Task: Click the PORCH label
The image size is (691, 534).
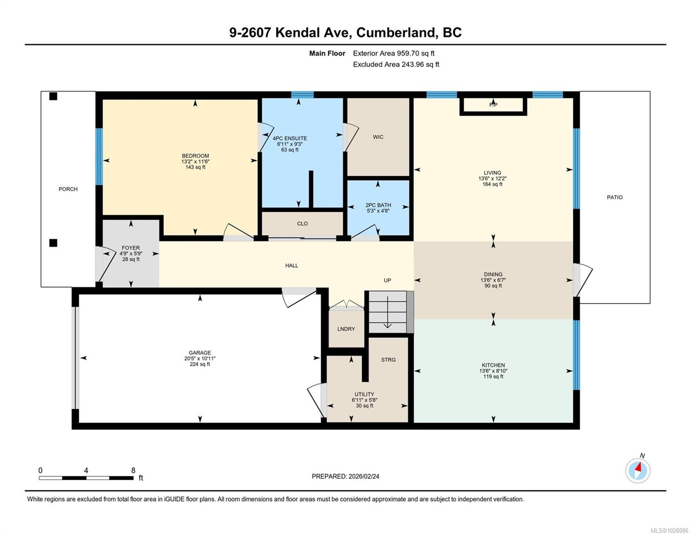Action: coord(68,189)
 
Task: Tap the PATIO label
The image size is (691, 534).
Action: coord(614,197)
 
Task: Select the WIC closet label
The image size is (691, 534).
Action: coord(378,137)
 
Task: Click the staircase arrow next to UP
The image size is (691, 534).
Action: coord(387,312)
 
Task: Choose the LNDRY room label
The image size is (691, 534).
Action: coord(346,329)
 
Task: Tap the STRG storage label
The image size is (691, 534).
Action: coord(388,360)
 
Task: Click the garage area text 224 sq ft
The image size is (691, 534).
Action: coord(200,364)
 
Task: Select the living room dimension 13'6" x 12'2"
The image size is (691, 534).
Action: coord(492,178)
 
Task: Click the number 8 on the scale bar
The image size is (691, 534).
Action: coord(133,470)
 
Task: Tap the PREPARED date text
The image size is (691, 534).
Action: coord(345,476)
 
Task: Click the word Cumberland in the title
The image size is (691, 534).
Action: coord(396,32)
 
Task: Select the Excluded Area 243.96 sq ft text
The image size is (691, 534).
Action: coord(396,64)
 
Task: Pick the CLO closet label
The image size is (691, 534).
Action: coord(303,223)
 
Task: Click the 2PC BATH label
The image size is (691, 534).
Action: coord(378,205)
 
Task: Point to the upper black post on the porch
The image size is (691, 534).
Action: coord(53,96)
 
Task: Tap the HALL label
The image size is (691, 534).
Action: coord(291,266)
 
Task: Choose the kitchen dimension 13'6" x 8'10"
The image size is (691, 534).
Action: coord(493,371)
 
